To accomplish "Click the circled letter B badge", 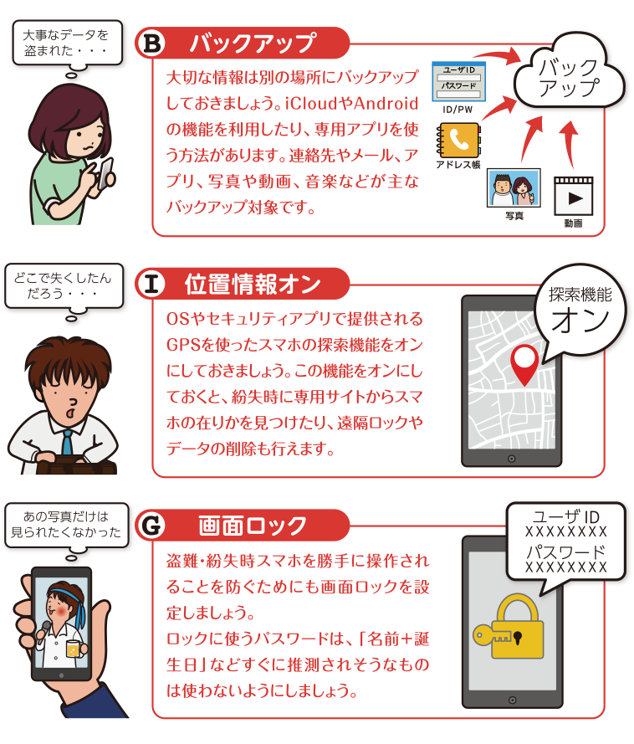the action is click(151, 44).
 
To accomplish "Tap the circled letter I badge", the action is click(151, 284).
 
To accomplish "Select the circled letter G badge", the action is click(151, 526).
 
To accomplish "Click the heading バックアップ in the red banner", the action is click(253, 44).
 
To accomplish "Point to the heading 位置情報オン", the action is click(253, 285).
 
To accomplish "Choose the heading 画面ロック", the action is click(253, 526).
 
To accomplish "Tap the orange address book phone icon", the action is click(458, 140).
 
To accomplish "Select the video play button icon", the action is click(573, 197).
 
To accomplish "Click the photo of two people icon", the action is click(514, 188).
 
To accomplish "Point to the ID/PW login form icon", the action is click(458, 82).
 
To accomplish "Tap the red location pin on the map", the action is click(524, 364).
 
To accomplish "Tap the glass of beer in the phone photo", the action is click(73, 649).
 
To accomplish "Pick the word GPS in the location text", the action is click(184, 345).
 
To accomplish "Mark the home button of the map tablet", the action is click(511, 459).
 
